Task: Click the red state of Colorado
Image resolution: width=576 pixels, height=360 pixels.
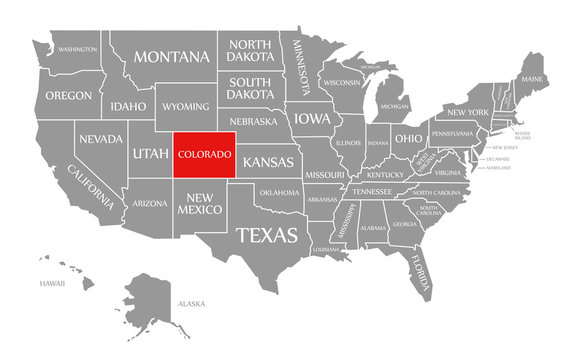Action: pos(205,155)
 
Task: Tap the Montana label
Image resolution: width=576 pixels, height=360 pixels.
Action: pos(163,57)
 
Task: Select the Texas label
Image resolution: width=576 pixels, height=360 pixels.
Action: pos(267,236)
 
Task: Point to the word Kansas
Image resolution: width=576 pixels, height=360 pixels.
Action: pos(268,162)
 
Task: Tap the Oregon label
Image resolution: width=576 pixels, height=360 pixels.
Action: pos(68,96)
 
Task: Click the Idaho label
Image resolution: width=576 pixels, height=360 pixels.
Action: pos(129,106)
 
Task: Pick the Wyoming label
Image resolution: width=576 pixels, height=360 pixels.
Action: pos(186,106)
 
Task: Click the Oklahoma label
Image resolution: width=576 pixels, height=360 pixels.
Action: pos(278,192)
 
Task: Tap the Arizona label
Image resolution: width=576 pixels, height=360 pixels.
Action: pos(150,203)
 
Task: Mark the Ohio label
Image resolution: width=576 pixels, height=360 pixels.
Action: pos(407,137)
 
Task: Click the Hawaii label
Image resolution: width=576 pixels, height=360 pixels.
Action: pos(52,284)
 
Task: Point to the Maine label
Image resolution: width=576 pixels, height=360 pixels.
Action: pos(532,78)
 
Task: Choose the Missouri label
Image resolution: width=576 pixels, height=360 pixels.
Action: pos(325,174)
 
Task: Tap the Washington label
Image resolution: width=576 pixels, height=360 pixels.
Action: pos(77,49)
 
